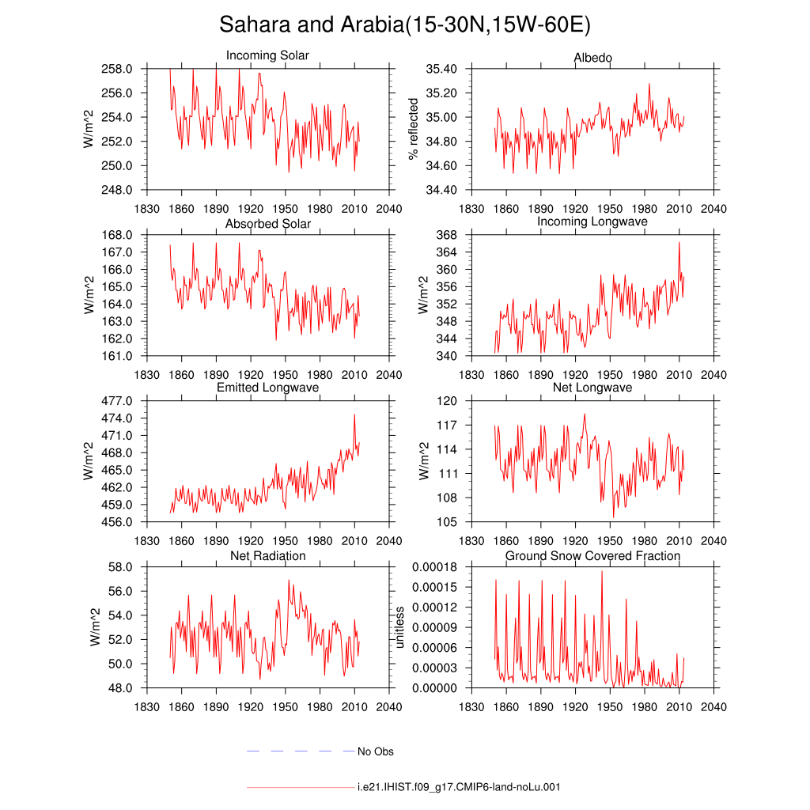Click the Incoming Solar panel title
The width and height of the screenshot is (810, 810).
(267, 55)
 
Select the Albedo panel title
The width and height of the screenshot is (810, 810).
(592, 57)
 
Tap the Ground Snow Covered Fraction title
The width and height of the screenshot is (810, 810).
(592, 556)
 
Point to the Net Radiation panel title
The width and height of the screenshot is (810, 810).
(267, 556)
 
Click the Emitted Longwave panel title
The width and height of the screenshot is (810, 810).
(267, 388)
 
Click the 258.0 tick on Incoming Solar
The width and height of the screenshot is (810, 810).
(117, 69)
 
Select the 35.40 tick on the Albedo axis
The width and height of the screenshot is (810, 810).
(441, 69)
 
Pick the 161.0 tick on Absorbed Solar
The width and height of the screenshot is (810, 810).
(117, 356)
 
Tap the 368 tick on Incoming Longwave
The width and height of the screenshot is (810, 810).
(447, 235)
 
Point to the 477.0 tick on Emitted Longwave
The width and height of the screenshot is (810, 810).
(117, 401)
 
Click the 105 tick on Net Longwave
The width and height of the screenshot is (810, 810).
(447, 522)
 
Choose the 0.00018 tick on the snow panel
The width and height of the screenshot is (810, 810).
(434, 567)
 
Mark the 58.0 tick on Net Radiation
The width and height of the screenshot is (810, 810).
(120, 567)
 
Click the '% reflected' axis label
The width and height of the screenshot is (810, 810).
(413, 129)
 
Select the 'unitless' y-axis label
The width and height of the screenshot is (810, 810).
(399, 627)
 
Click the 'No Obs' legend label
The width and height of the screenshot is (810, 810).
(376, 751)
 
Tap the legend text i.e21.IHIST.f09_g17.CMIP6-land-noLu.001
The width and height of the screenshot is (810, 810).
(459, 787)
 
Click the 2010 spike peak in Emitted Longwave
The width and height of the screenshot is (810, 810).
(354, 414)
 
